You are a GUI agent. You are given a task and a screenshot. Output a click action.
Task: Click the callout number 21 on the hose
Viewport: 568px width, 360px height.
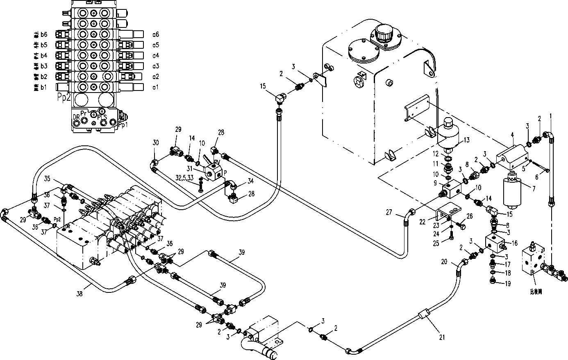pos(442,337)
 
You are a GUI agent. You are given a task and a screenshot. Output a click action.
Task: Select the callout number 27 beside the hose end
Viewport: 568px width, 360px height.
pos(389,212)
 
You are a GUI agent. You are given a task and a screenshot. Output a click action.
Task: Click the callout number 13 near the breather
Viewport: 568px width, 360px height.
pos(466,140)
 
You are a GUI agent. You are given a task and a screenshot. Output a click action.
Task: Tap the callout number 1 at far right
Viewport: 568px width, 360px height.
pos(551,116)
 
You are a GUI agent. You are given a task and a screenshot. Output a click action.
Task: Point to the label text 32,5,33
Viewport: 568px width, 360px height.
pos(185,178)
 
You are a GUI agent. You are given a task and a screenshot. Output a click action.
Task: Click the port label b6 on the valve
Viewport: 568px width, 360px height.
pos(44,34)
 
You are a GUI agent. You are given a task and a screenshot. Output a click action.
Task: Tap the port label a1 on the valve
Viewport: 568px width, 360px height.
pos(155,87)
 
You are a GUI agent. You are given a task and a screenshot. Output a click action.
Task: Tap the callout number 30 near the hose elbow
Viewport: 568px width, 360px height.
pos(155,143)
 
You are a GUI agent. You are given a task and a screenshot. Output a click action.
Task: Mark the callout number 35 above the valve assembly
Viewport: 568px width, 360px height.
pos(47,179)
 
